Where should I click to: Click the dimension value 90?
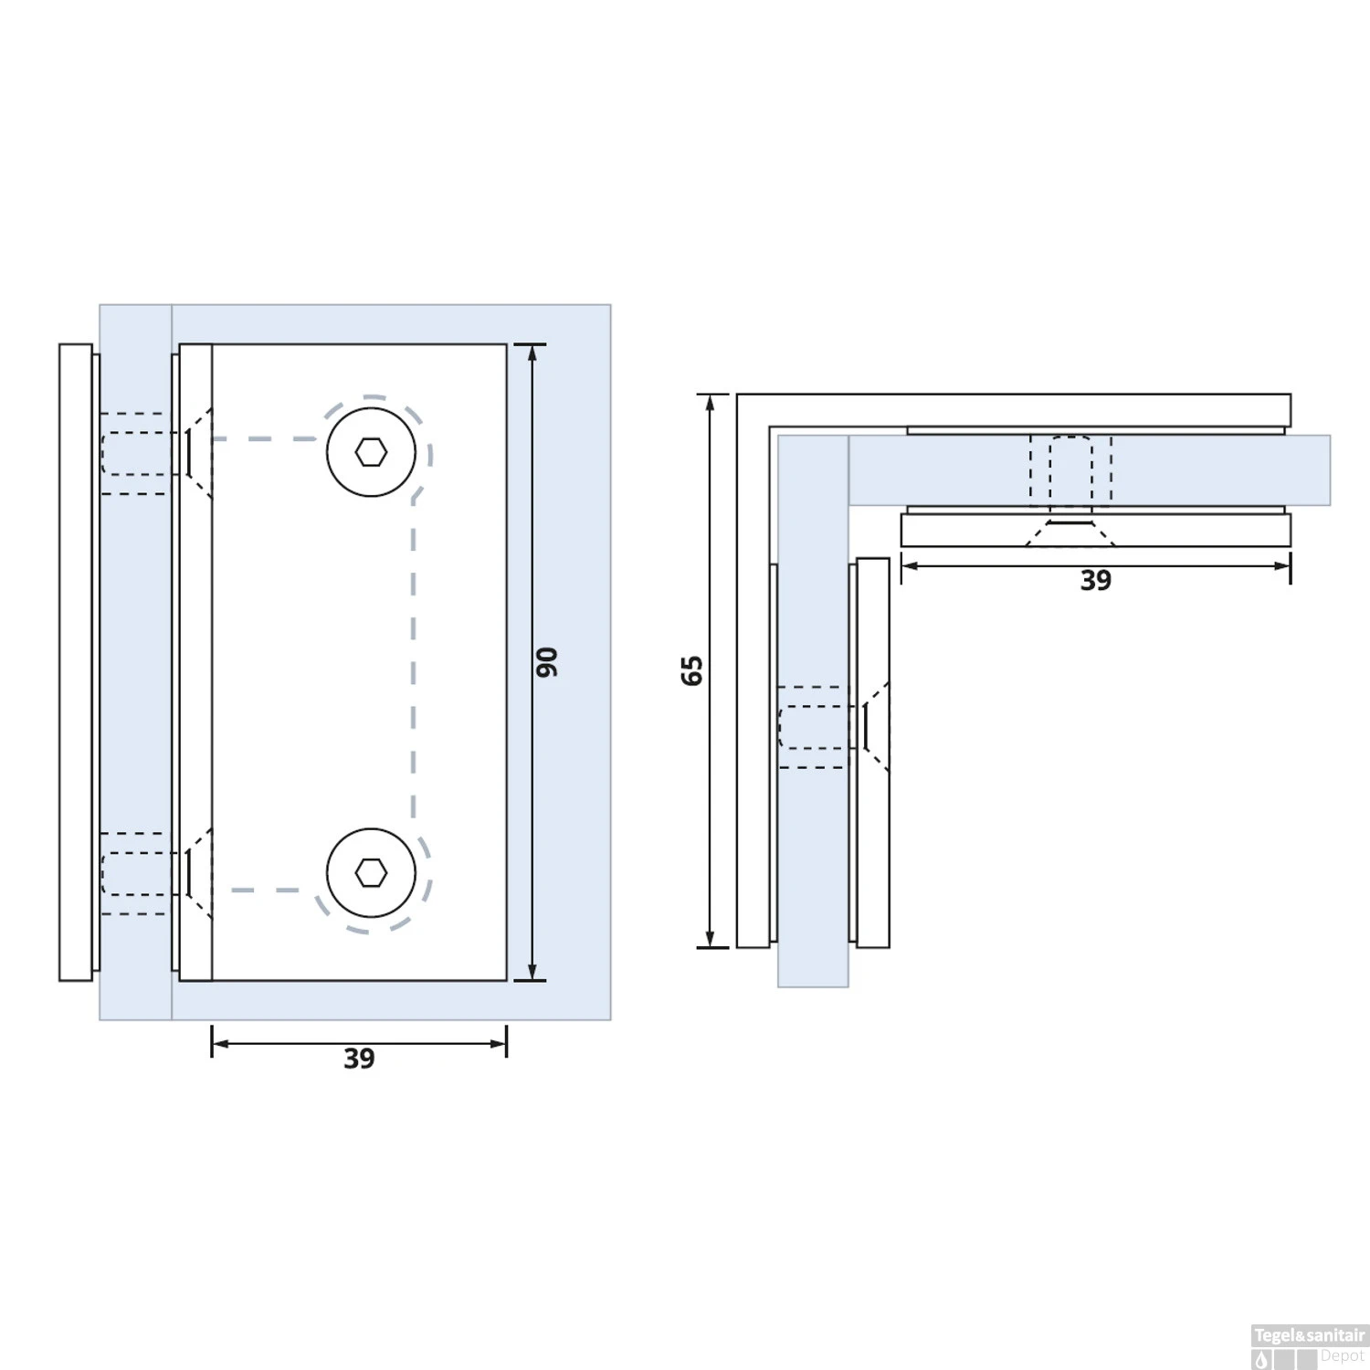coord(546,662)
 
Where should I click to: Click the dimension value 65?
coord(692,670)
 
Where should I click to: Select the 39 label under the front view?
coord(359,1059)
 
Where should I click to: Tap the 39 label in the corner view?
coord(1095,581)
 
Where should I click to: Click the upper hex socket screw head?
coord(371,452)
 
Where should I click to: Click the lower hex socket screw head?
coord(371,873)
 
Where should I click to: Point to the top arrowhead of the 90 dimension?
coord(532,352)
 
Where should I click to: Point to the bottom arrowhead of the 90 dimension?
coord(532,973)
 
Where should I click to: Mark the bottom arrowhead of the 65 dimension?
coord(710,940)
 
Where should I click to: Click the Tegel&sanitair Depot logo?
coord(1309,1346)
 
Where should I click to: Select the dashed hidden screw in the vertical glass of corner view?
coord(814,727)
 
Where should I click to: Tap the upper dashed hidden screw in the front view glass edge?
coord(137,454)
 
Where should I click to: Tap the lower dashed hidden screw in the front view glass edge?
coord(137,874)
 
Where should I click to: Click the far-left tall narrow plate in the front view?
coord(76,662)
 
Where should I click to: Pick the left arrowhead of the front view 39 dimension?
coord(219,1044)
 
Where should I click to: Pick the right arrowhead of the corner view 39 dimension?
coord(1283,566)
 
